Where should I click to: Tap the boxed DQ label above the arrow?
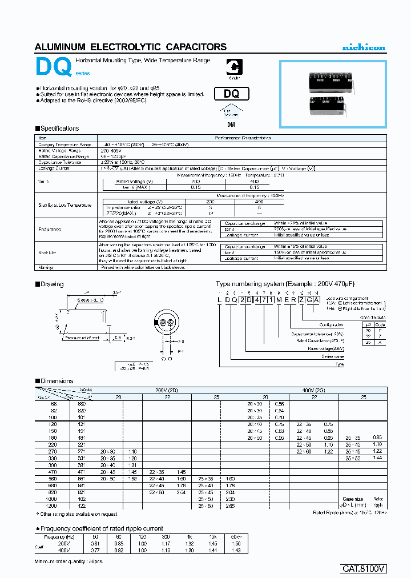[227, 94]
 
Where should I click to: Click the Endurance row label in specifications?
[50, 228]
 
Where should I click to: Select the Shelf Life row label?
[47, 251]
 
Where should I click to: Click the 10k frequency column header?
[212, 537]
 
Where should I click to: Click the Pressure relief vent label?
[82, 338]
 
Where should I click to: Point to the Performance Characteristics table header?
[242, 138]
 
